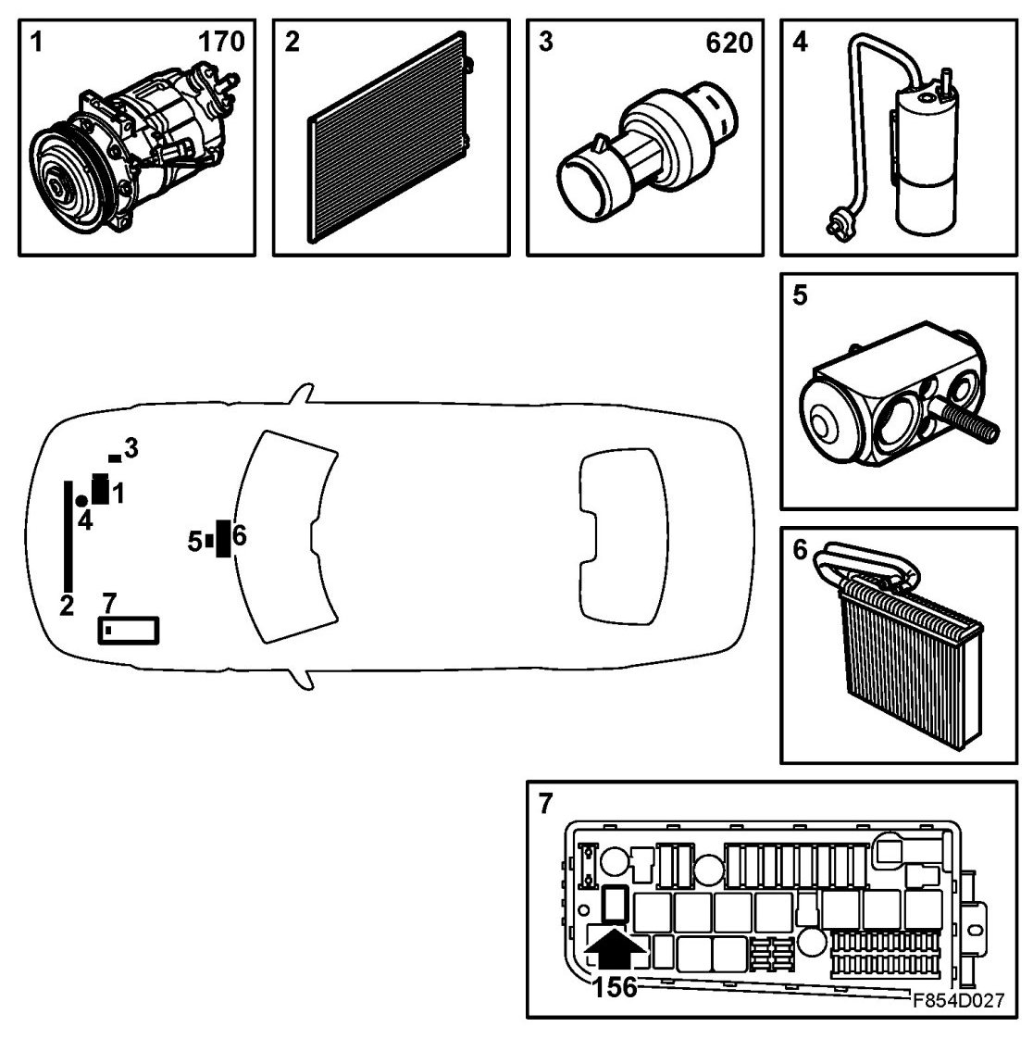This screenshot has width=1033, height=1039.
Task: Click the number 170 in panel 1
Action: [221, 43]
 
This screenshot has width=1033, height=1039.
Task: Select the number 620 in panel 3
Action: [728, 43]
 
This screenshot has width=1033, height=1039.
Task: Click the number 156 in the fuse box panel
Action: [615, 987]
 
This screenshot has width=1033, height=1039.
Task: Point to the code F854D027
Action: [957, 1000]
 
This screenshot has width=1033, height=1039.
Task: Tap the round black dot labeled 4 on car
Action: [81, 501]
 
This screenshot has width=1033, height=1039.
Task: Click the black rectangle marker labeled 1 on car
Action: [100, 488]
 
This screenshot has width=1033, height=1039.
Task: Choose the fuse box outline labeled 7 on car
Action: [129, 630]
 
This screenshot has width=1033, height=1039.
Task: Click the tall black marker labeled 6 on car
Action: [222, 539]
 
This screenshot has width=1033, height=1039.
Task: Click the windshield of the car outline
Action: [282, 537]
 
